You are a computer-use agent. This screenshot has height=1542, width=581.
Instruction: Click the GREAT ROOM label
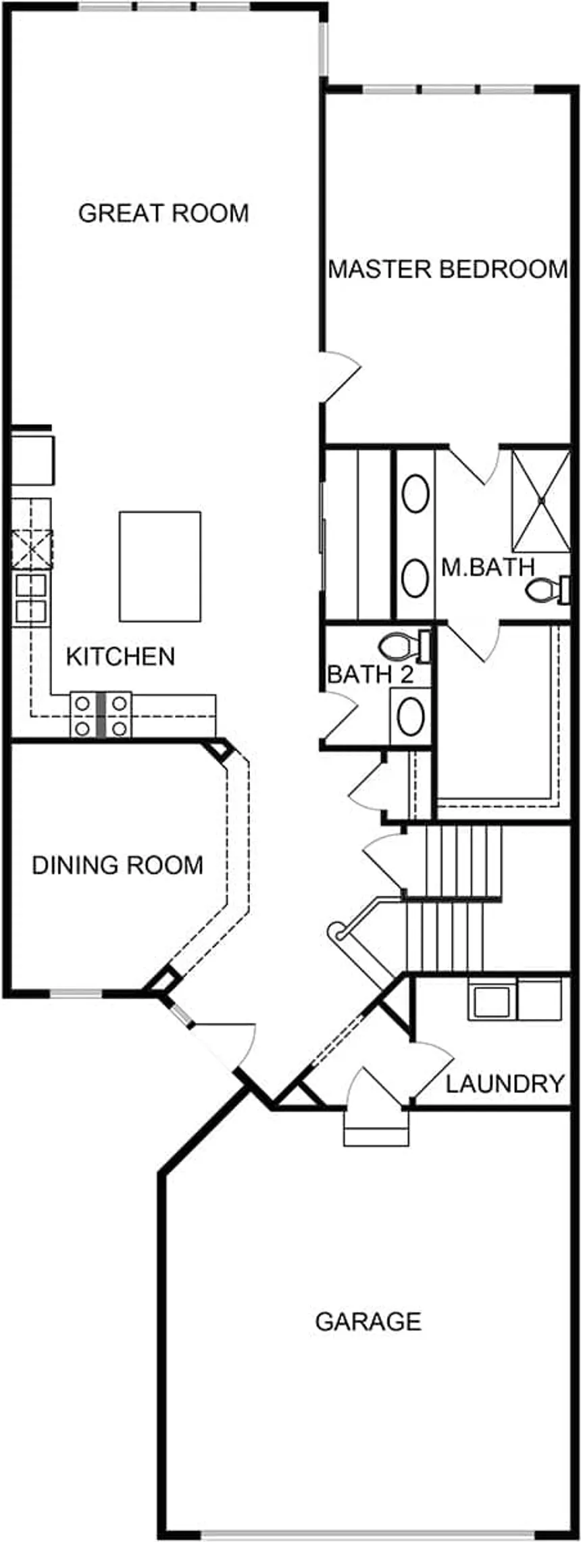pyautogui.click(x=163, y=213)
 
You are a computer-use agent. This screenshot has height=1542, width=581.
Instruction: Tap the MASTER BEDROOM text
pyautogui.click(x=448, y=269)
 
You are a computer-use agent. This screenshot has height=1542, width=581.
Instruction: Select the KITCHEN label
pyautogui.click(x=120, y=656)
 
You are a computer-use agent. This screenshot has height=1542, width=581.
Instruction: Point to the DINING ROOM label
pyautogui.click(x=118, y=865)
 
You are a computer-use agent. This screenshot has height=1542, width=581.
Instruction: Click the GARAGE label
pyautogui.click(x=368, y=1320)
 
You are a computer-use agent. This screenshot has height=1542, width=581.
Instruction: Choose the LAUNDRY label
pyautogui.click(x=505, y=1083)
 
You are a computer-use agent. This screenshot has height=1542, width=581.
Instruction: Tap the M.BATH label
pyautogui.click(x=488, y=567)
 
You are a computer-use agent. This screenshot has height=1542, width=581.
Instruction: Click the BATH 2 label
pyautogui.click(x=370, y=674)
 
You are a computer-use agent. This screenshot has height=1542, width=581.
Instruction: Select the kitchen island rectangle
pyautogui.click(x=160, y=566)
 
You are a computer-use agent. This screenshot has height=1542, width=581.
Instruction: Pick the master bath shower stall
pyautogui.click(x=540, y=500)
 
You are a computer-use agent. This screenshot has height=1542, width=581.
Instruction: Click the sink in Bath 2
pyautogui.click(x=410, y=716)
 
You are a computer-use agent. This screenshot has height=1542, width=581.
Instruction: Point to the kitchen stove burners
pyautogui.click(x=101, y=715)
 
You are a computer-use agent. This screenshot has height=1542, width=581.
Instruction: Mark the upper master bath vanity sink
pyautogui.click(x=415, y=494)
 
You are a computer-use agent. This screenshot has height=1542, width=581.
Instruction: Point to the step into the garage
pyautogui.click(x=376, y=1127)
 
